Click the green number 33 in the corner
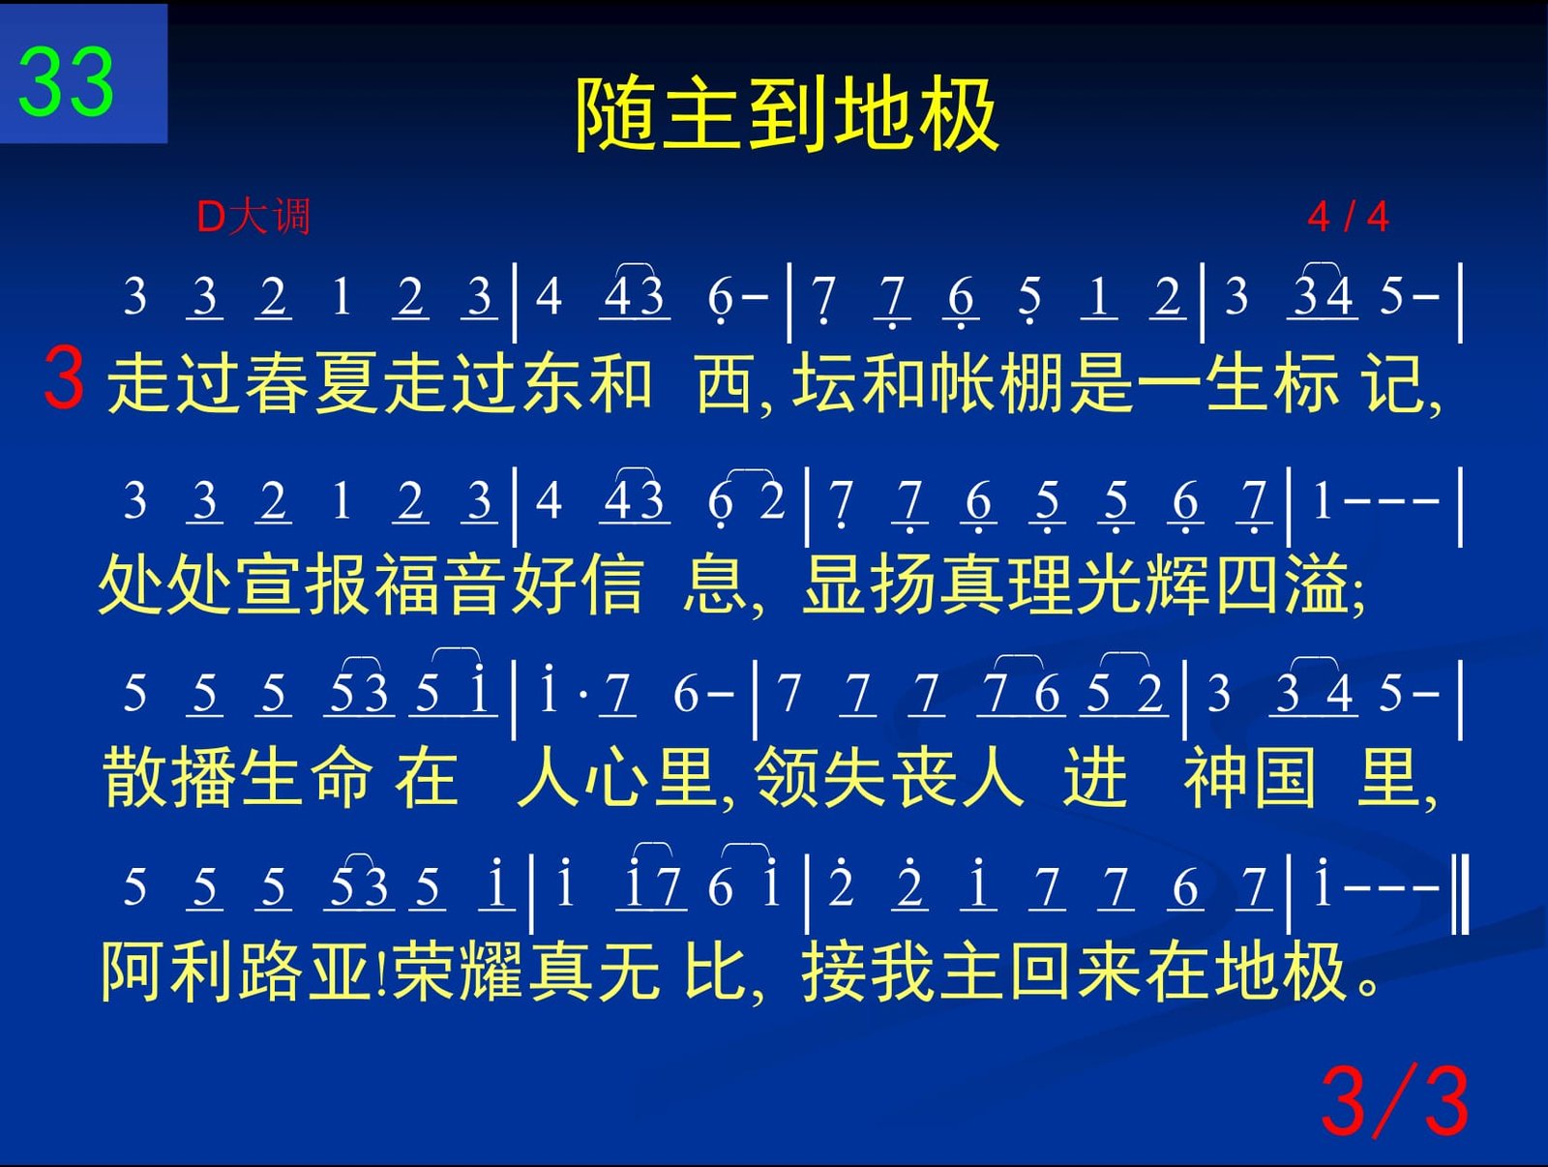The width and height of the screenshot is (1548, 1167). (66, 81)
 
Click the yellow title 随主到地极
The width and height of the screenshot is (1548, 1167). (787, 114)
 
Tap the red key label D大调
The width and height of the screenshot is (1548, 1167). (253, 217)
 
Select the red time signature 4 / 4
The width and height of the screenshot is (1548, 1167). (1348, 217)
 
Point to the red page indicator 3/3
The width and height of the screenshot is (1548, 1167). (1394, 1101)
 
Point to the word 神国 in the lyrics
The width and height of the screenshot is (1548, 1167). (1250, 778)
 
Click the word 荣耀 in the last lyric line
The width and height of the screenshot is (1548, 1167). (459, 972)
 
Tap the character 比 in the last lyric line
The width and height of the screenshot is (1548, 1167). (714, 972)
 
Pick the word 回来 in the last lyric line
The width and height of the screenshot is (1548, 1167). (1077, 972)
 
